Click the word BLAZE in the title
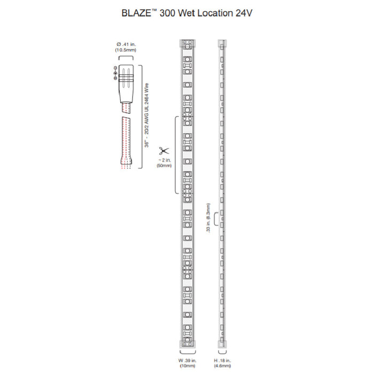[x=140, y=12]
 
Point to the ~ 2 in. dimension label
[x=163, y=160]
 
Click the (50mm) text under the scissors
[x=163, y=166]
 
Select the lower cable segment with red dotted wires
[x=126, y=142]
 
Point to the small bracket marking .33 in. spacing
[x=215, y=219]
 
